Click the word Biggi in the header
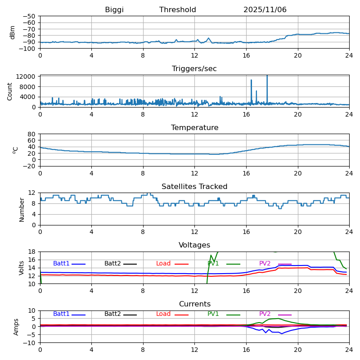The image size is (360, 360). pos(114,10)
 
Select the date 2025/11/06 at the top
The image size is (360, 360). pos(265,10)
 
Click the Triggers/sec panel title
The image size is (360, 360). pos(194,69)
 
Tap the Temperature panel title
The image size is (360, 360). pos(194,128)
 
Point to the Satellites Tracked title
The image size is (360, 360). pos(194,187)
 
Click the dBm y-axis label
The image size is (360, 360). pos(13,32)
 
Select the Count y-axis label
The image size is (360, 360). pos(10,91)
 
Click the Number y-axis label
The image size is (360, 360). pos(22,209)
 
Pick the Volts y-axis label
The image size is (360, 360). pos(22,268)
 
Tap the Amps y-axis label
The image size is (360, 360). pos(16,327)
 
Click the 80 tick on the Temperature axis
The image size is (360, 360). pos(32,134)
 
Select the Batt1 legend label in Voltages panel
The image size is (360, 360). pos(61,264)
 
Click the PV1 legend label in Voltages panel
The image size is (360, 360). pos(213,264)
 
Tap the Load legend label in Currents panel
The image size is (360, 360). pos(163,314)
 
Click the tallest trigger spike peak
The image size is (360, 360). pos(267,76)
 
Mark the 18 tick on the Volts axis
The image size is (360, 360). pos(32,252)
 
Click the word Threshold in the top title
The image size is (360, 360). pos(177,10)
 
